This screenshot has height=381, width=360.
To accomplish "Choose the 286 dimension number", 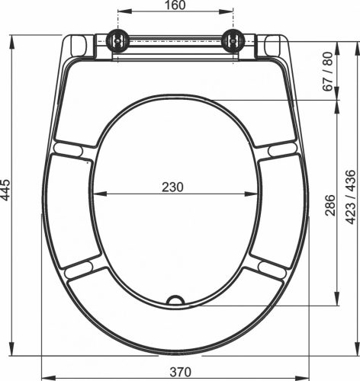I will pos(329,202).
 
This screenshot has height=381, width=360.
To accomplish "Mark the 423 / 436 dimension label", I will pos(349,197).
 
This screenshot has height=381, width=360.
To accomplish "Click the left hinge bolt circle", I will pos(117,41).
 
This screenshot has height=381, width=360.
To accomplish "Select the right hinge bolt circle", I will pos(233,41).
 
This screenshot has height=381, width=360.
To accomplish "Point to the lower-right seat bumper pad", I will pos(271,267).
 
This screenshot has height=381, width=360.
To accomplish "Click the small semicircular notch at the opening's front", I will pos(175,299).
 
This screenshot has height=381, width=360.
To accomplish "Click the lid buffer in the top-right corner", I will pos(274,46).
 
